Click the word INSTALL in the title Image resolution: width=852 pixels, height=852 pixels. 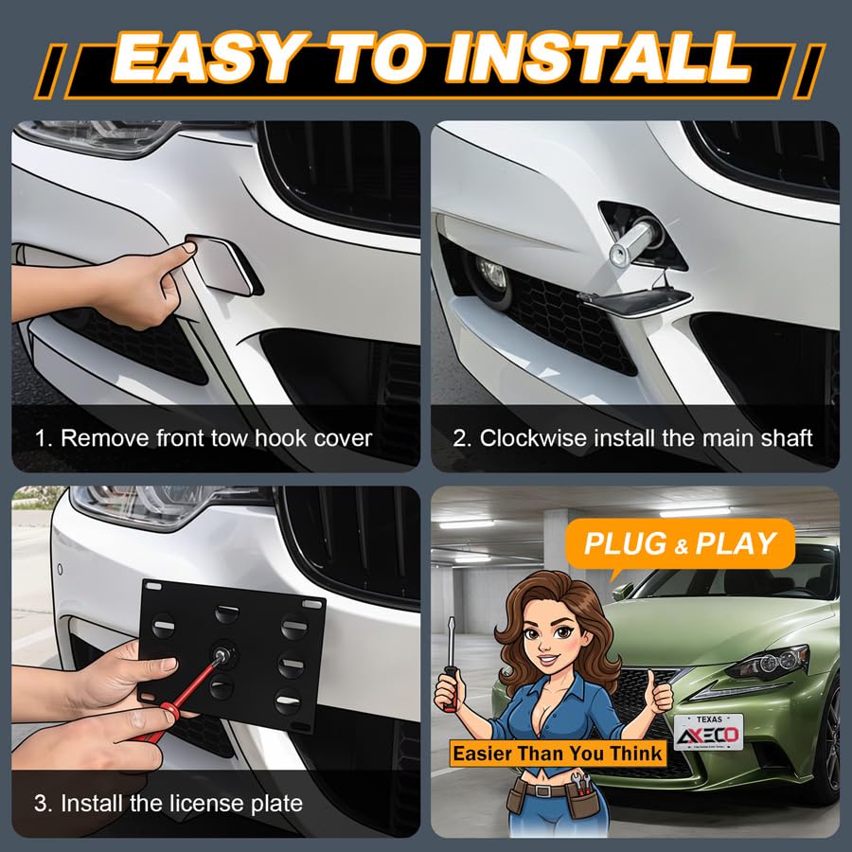pyautogui.click(x=597, y=57)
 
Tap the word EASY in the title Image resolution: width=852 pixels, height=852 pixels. pyautogui.click(x=205, y=57)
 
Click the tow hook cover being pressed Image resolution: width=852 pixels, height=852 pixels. pyautogui.click(x=222, y=265)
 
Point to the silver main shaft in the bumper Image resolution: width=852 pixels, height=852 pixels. pyautogui.click(x=633, y=242)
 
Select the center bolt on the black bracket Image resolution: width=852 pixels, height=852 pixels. pyautogui.click(x=222, y=654)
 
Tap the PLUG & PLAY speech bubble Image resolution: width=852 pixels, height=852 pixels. pyautogui.click(x=680, y=544)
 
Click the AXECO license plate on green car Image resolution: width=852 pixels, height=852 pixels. pyautogui.click(x=708, y=732)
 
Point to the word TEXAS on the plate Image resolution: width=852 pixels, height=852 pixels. pyautogui.click(x=709, y=719)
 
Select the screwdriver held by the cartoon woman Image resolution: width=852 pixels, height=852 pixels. pyautogui.click(x=451, y=663)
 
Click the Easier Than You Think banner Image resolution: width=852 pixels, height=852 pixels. pyautogui.click(x=558, y=754)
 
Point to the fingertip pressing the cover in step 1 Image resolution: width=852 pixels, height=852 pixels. pyautogui.click(x=189, y=248)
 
